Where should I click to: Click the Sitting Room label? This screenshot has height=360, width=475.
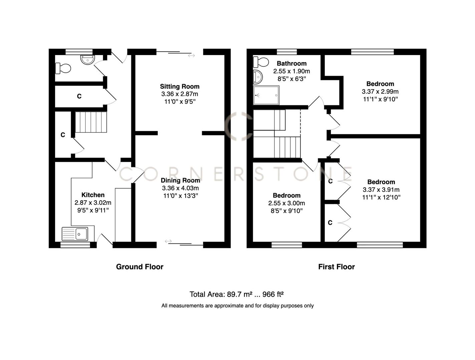[x=179, y=87]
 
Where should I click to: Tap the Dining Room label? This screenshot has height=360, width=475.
[x=180, y=180]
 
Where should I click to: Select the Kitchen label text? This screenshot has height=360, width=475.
[x=93, y=195]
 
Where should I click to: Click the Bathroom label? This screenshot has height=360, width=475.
[x=291, y=63]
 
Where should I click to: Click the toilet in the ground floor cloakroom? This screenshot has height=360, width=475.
[x=63, y=68]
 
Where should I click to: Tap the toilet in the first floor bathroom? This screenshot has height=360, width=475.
[x=261, y=62]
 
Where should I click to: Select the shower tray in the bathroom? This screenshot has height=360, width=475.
[x=266, y=95]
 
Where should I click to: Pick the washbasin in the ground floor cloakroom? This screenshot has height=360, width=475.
[x=87, y=59]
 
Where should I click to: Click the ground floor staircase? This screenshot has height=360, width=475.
[x=91, y=122]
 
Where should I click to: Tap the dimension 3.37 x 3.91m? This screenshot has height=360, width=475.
[x=381, y=190]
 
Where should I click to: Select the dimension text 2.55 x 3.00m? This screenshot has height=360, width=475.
[x=286, y=203]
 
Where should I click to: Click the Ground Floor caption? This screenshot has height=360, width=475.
[x=139, y=267]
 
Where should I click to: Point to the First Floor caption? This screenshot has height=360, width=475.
[x=336, y=267]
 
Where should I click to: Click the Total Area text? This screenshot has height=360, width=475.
[x=236, y=294]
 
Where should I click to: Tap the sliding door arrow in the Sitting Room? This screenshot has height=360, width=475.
[x=191, y=55]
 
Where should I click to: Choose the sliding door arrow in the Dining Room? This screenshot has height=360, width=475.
[x=168, y=241]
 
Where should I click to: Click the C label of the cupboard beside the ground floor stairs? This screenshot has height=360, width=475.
[x=63, y=135]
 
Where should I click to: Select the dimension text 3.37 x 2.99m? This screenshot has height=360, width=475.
[x=380, y=92]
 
